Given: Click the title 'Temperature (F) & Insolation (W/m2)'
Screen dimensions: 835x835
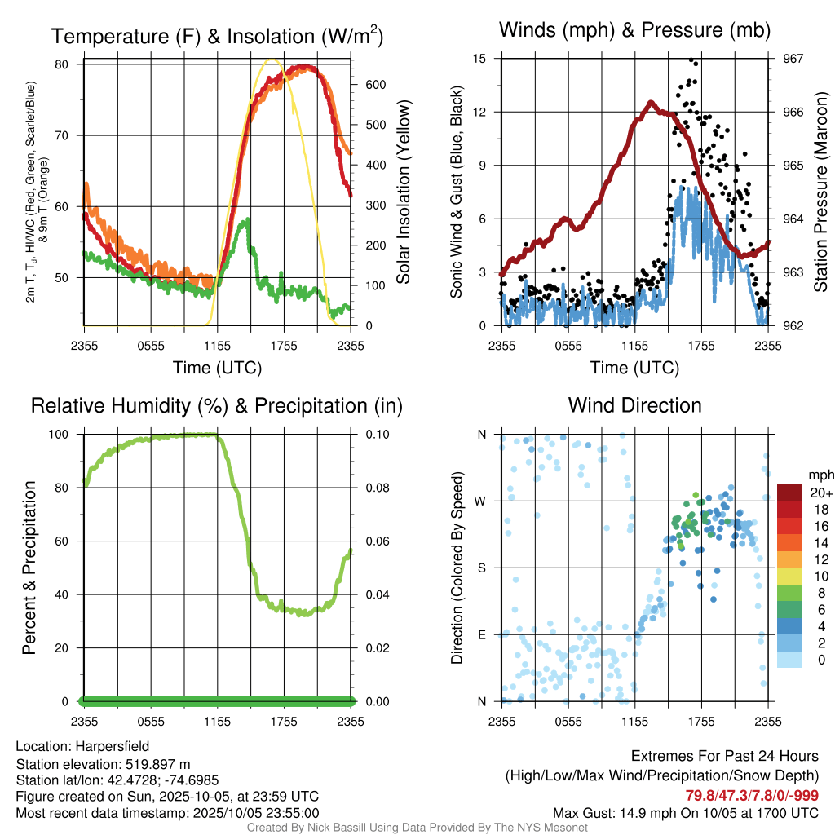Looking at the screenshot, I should pyautogui.click(x=217, y=36).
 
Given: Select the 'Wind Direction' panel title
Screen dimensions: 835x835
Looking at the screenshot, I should pyautogui.click(x=634, y=405).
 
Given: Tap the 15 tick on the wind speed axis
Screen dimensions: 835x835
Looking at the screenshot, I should pyautogui.click(x=479, y=59).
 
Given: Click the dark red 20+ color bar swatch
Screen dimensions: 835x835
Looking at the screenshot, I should pyautogui.click(x=789, y=493).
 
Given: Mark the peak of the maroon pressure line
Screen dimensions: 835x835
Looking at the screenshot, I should pyautogui.click(x=651, y=102).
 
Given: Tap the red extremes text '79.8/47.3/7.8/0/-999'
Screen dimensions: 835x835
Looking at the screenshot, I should pyautogui.click(x=752, y=795).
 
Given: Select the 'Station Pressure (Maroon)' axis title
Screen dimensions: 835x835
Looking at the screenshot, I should pyautogui.click(x=821, y=192).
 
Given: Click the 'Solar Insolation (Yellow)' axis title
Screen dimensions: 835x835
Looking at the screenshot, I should pyautogui.click(x=404, y=192).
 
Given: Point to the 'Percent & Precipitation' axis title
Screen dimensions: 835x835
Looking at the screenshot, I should pyautogui.click(x=29, y=568).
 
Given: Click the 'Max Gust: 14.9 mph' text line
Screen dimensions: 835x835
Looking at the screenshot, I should pyautogui.click(x=685, y=813).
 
